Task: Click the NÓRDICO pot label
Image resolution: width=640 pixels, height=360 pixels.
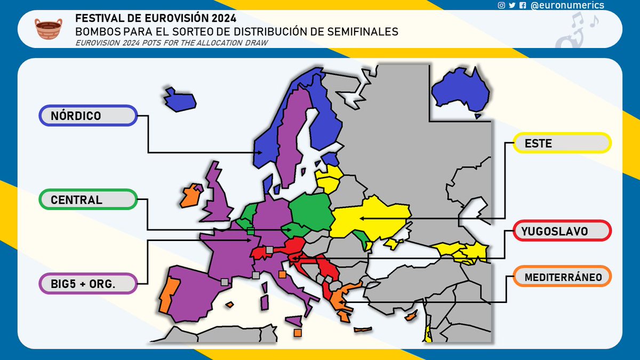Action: (88, 116)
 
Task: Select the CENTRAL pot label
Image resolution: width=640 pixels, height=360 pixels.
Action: (88, 200)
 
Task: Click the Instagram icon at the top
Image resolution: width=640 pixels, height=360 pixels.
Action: (501, 5)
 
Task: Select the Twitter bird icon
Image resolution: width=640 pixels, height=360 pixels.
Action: (512, 5)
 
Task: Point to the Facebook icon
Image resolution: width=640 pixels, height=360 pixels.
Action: (523, 5)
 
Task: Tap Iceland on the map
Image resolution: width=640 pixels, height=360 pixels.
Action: (179, 99)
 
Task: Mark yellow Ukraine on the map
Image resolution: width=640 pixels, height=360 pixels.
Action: (373, 216)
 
